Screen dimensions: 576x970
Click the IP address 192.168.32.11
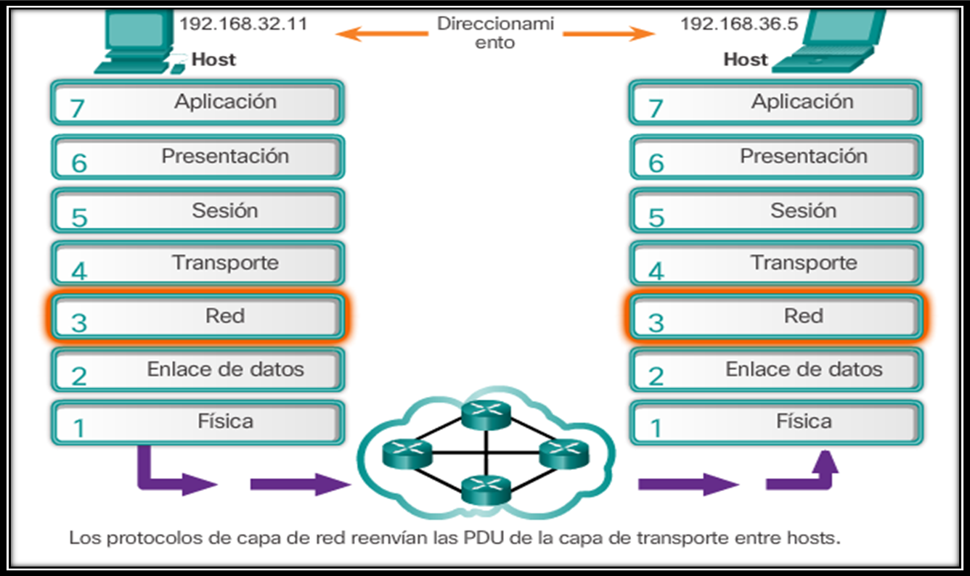[x=243, y=24]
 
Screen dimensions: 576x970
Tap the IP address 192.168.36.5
[x=738, y=24]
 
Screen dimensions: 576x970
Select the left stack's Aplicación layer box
[x=197, y=103]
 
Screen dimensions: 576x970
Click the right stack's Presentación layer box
[x=776, y=157]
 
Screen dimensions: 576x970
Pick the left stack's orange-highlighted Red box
[x=197, y=317]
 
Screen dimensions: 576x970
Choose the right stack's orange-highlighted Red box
[x=776, y=317]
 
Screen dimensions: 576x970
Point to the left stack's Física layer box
[x=197, y=422]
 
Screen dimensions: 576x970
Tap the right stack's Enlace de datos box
[x=776, y=370]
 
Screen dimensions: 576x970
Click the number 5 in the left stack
[x=78, y=217]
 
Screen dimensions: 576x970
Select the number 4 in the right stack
[x=656, y=271]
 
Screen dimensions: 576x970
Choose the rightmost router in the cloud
[x=563, y=453]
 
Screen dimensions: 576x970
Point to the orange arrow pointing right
[x=608, y=33]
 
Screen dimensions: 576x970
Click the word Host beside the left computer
[x=213, y=59]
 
